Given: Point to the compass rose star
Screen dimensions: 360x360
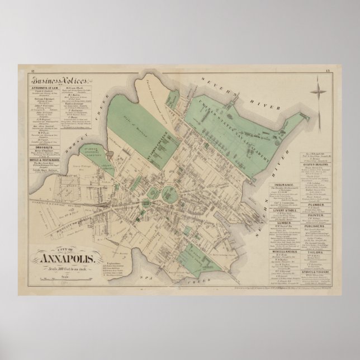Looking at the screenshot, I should [319, 89].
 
